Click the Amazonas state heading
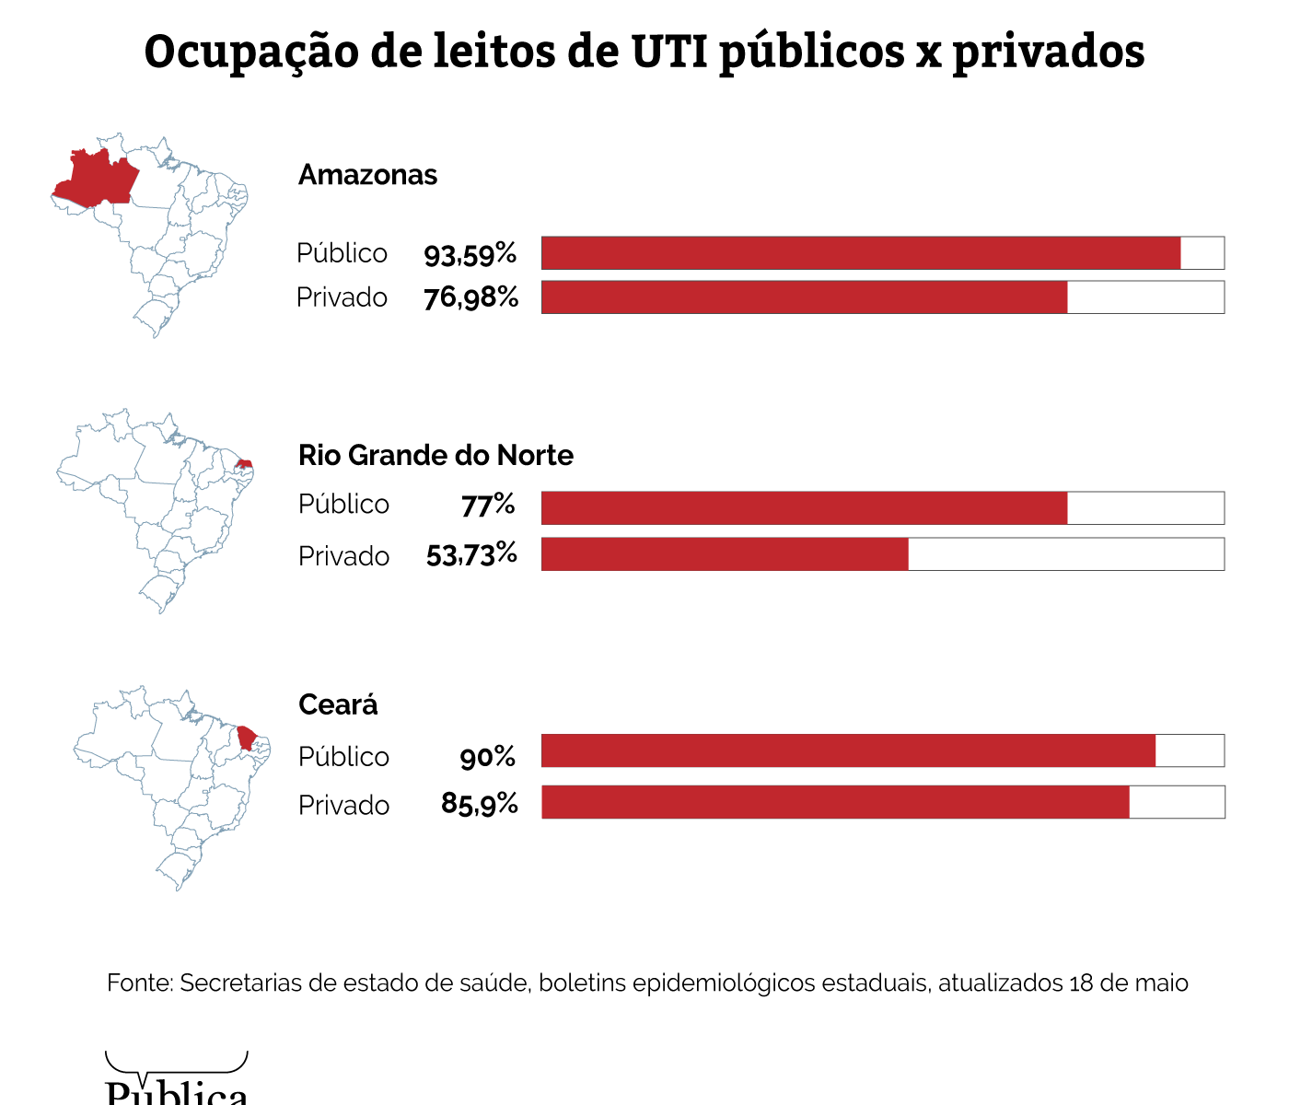(x=367, y=175)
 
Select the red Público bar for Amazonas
(x=861, y=253)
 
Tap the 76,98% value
(x=470, y=298)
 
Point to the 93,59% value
(x=470, y=254)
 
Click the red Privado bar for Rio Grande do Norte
(x=725, y=554)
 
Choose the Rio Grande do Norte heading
(x=435, y=455)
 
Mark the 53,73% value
(x=471, y=554)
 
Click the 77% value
(x=488, y=505)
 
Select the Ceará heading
(x=338, y=704)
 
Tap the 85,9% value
(x=479, y=805)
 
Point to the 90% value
(x=487, y=757)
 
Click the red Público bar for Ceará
(x=848, y=750)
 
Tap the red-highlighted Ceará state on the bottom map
(x=246, y=738)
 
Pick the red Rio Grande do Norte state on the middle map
(x=244, y=463)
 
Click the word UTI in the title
(x=669, y=52)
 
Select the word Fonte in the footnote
(x=139, y=983)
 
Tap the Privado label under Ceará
(x=343, y=806)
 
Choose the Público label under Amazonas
(x=342, y=253)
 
